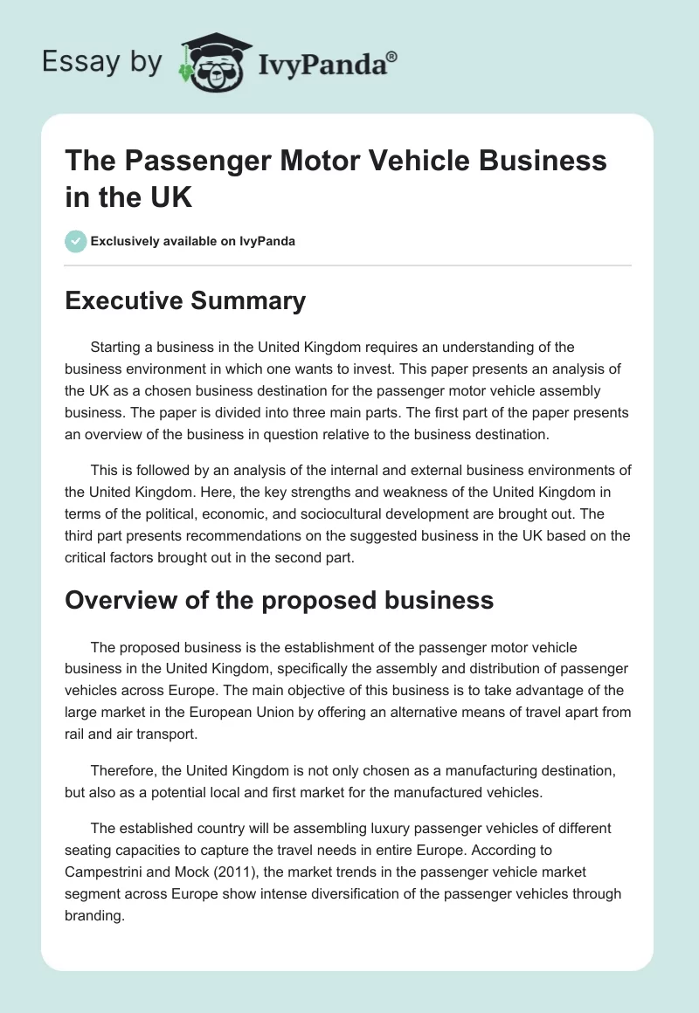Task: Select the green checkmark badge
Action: pyautogui.click(x=76, y=241)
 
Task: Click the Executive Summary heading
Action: pyautogui.click(x=185, y=301)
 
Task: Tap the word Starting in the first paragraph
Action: pyautogui.click(x=119, y=348)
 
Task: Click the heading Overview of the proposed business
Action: pyautogui.click(x=280, y=600)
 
